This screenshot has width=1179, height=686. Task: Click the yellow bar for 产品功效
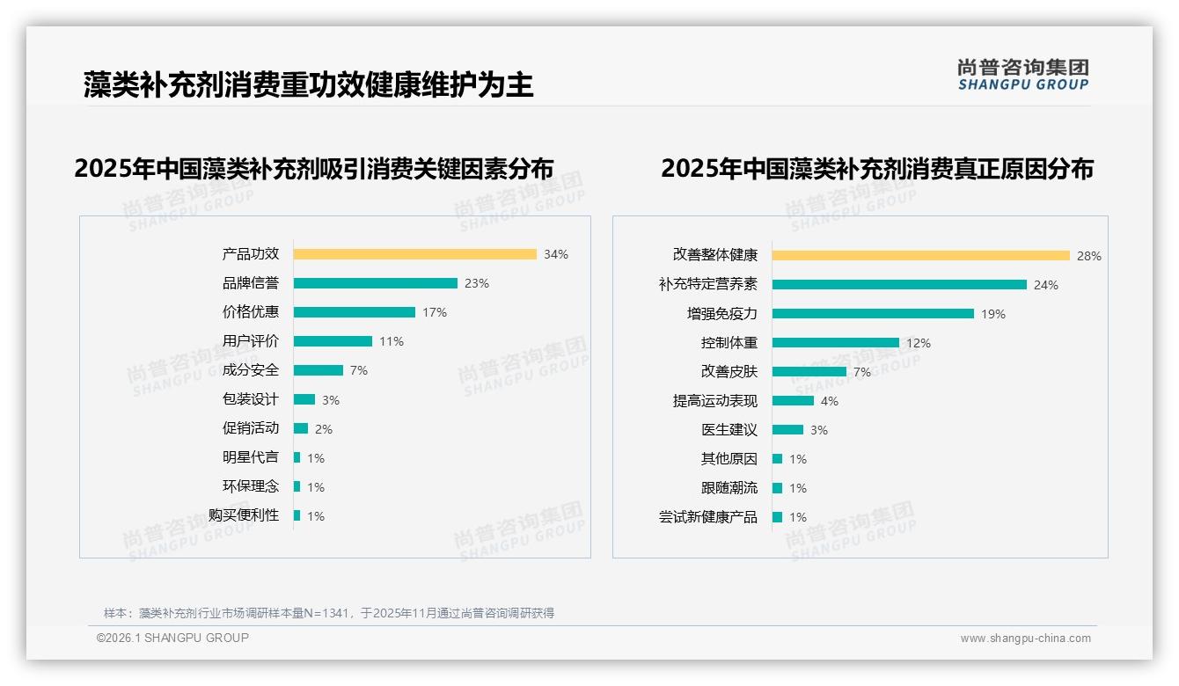pyautogui.click(x=414, y=254)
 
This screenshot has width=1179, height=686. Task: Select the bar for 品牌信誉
pyautogui.click(x=375, y=283)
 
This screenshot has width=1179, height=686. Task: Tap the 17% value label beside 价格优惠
pyautogui.click(x=435, y=312)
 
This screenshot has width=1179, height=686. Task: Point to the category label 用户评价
pyautogui.click(x=250, y=341)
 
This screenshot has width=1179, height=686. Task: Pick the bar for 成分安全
pyautogui.click(x=318, y=370)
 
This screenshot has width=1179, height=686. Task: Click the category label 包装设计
pyautogui.click(x=250, y=399)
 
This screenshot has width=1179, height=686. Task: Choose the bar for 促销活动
pyautogui.click(x=300, y=428)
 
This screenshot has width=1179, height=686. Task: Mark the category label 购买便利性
pyautogui.click(x=243, y=515)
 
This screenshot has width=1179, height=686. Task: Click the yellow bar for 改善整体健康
pyautogui.click(x=920, y=256)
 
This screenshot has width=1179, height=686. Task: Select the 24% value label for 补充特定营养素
pyautogui.click(x=1046, y=285)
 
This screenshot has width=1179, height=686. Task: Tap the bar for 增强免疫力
pyautogui.click(x=873, y=314)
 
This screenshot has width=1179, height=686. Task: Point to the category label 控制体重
pyautogui.click(x=729, y=343)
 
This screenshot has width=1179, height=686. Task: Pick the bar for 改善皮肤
pyautogui.click(x=809, y=372)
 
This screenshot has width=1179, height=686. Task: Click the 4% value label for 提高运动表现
pyautogui.click(x=830, y=401)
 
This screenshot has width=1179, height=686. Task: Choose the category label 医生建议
pyautogui.click(x=729, y=430)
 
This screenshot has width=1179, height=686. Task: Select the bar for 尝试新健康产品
pyautogui.click(x=777, y=517)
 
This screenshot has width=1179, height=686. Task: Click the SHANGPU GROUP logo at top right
pyautogui.click(x=1022, y=75)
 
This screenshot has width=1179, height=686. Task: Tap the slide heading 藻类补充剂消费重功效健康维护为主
pyautogui.click(x=308, y=84)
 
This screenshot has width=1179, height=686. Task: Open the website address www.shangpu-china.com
pyautogui.click(x=1025, y=639)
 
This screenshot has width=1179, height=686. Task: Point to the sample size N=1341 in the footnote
pyautogui.click(x=325, y=613)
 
